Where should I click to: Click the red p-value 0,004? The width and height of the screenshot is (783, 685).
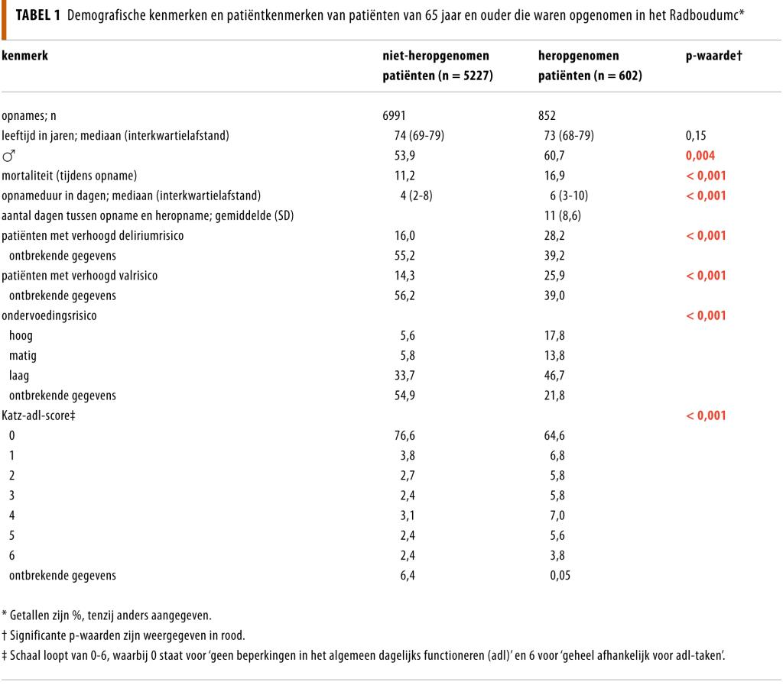[702, 156]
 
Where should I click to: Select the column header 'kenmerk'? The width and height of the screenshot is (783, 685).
[24, 56]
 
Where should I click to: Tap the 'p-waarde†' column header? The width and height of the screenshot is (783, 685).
[715, 56]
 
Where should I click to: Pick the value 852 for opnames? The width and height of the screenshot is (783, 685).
[547, 116]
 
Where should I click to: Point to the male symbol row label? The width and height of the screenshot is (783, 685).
[9, 156]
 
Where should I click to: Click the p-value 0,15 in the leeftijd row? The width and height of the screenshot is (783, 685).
[697, 136]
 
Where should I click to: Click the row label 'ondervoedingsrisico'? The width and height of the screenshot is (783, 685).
[49, 315]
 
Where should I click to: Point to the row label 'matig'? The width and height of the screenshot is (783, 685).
[23, 355]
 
